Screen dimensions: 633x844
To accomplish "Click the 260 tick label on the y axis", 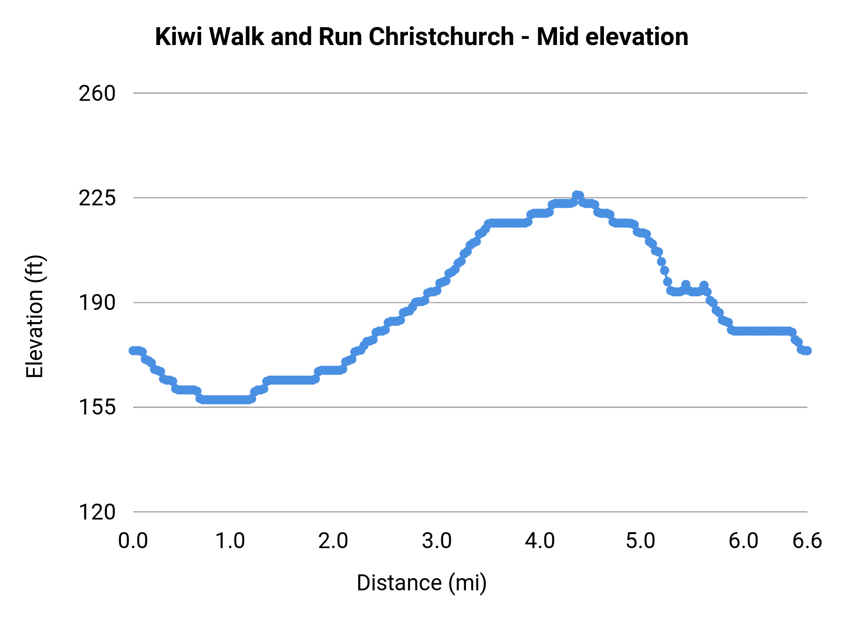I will (97, 93).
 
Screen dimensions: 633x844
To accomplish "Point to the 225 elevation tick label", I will (97, 198).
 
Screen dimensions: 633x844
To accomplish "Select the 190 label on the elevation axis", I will (97, 302).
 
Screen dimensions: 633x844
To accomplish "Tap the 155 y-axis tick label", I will (97, 407).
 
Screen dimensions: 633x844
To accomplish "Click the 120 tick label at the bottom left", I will (97, 512).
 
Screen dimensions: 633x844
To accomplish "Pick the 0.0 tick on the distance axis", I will (133, 541).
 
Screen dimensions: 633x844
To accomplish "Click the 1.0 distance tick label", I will (230, 541).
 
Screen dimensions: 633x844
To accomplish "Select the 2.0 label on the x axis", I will (333, 541).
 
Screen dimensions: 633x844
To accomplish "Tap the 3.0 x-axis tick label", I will (437, 541).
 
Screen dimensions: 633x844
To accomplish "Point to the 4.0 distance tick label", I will (540, 541).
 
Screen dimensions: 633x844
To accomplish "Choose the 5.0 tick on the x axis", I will (641, 541).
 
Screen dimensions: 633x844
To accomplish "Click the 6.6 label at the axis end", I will (807, 541).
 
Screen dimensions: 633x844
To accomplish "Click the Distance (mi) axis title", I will (422, 583).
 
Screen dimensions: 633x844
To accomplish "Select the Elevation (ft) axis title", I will (35, 316).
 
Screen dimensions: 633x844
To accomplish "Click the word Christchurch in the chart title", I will (441, 37).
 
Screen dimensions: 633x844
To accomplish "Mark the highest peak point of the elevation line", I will (578, 195).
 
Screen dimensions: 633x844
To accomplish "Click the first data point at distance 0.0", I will (133, 351).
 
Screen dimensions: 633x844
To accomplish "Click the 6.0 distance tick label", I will (744, 541).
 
